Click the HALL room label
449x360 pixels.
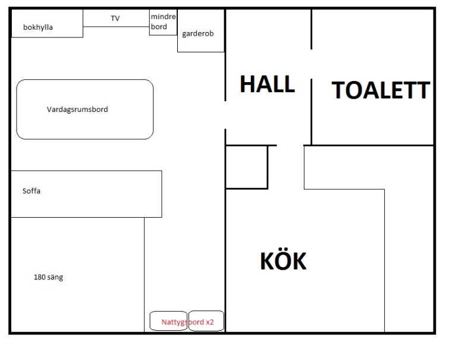pos(268,84)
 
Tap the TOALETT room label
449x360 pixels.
pos(381,90)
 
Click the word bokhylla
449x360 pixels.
pos(38,27)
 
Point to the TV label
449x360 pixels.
pos(115,18)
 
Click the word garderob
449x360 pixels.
pos(198,33)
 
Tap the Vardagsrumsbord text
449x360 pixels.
pos(77,109)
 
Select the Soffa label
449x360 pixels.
pos(31,191)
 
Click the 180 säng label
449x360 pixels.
pos(48,277)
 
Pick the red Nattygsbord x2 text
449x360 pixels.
pos(187,322)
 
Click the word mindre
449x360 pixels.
pos(163,17)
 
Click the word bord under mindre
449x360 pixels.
pos(159,27)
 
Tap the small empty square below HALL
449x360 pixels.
pos(247,167)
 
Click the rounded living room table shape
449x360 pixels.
pos(85,79)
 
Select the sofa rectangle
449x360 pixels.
pos(86,171)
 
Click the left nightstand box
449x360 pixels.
pos(168,312)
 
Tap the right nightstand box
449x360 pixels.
pos(206,311)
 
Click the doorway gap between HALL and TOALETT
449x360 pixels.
pos(311,64)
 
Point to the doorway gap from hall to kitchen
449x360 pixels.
pos(290,146)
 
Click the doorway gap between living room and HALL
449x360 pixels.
pos(225,115)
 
